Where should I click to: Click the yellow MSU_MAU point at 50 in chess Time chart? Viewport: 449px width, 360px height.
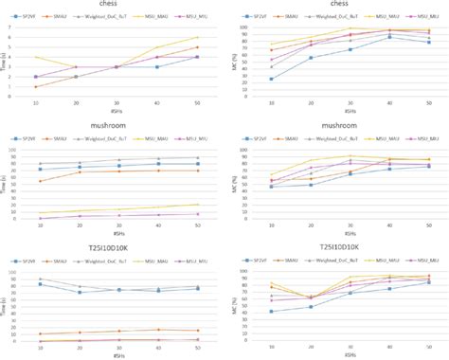(x=197, y=37)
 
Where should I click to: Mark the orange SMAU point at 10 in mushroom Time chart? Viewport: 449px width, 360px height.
(x=40, y=181)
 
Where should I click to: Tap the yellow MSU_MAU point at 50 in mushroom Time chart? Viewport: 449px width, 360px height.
(x=197, y=205)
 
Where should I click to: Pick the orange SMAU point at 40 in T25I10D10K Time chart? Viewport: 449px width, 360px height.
(x=158, y=329)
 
